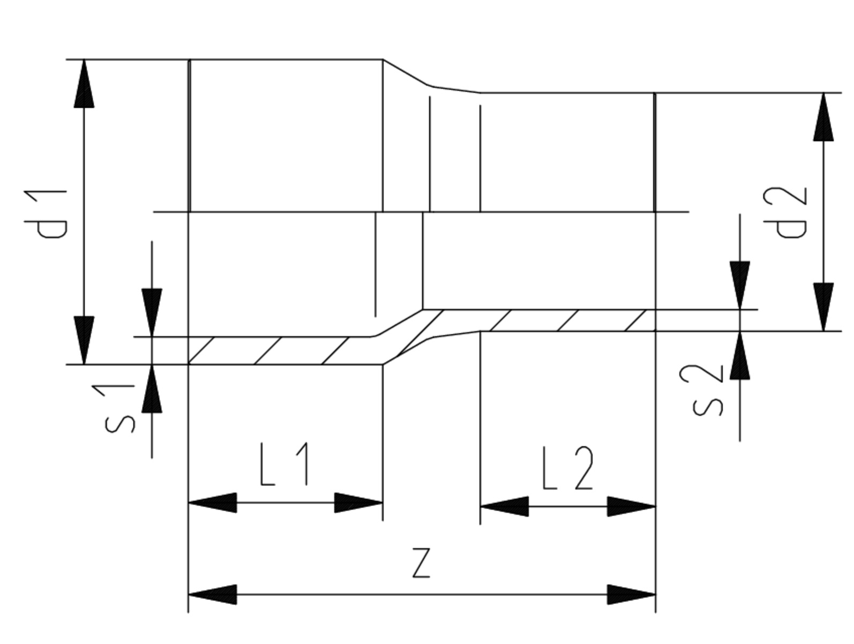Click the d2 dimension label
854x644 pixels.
(x=785, y=212)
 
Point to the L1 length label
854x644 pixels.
(x=284, y=464)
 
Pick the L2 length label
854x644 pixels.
(x=568, y=468)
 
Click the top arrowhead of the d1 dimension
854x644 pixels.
(x=84, y=84)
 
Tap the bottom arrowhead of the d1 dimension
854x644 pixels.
(x=84, y=340)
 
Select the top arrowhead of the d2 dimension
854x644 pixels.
(x=823, y=117)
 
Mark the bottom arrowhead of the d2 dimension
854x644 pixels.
(x=823, y=307)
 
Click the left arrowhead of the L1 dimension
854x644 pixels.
(x=213, y=503)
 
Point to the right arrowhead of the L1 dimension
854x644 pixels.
(x=358, y=503)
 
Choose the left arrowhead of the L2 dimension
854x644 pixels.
(x=505, y=507)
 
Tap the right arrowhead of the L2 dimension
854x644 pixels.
(x=632, y=507)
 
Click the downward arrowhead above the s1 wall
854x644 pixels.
(x=152, y=312)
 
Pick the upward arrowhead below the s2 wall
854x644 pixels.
(x=739, y=355)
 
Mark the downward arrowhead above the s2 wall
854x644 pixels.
(x=739, y=285)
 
